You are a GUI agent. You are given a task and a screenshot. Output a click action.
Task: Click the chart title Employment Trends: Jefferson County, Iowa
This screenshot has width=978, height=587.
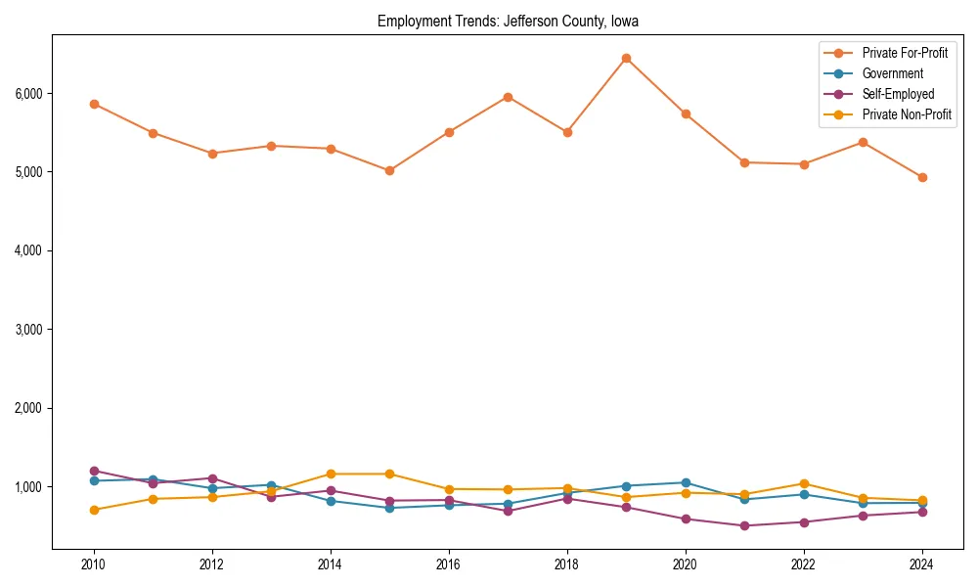click(508, 22)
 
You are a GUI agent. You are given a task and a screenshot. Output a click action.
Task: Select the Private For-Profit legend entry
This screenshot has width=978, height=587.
click(905, 53)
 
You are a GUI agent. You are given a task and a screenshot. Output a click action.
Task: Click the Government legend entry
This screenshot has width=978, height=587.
click(892, 73)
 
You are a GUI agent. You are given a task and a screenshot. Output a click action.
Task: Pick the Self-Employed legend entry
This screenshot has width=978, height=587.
click(898, 94)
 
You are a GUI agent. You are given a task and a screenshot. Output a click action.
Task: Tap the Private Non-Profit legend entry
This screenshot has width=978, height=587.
click(907, 114)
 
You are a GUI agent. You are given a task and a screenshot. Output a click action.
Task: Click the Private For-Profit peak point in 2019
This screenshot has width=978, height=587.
click(626, 59)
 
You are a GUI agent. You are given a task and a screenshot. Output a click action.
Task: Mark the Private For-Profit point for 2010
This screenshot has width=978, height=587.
click(94, 104)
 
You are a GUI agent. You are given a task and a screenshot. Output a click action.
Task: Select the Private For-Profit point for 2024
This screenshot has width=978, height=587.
click(922, 177)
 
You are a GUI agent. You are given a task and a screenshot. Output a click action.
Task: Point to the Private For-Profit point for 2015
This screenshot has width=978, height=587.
click(389, 170)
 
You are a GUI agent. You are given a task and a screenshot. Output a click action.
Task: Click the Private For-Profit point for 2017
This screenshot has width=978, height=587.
click(508, 97)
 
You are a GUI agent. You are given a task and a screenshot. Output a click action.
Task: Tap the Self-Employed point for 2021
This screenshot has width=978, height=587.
click(744, 525)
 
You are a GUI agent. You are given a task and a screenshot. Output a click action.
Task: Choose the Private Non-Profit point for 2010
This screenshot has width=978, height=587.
click(94, 510)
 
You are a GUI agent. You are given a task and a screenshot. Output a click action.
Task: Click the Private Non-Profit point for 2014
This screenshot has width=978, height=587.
click(331, 474)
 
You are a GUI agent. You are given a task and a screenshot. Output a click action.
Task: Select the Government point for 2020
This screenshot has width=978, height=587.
click(686, 482)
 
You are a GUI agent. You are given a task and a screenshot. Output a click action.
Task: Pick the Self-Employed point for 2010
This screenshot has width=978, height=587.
click(94, 471)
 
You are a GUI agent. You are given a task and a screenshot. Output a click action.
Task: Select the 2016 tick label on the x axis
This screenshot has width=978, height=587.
click(449, 564)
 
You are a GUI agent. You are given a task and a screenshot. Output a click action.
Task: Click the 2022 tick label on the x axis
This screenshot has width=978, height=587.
click(804, 564)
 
